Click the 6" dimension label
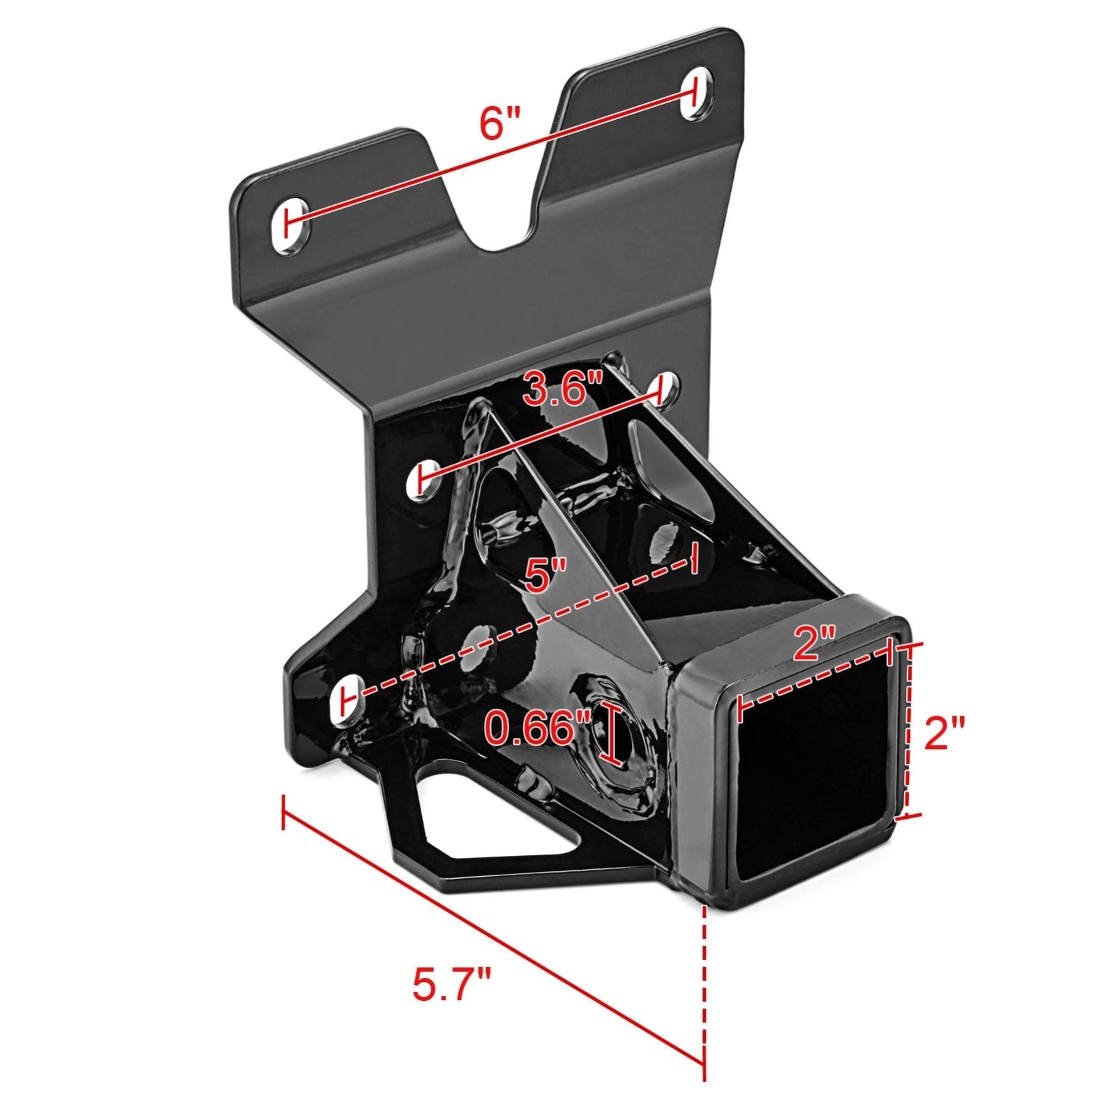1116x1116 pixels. (500, 123)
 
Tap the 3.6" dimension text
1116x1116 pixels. (563, 389)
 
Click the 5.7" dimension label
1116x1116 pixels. (452, 984)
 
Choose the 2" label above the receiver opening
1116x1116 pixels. (814, 643)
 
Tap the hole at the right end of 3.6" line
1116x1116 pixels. (661, 389)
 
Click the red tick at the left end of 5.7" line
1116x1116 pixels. (282, 813)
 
